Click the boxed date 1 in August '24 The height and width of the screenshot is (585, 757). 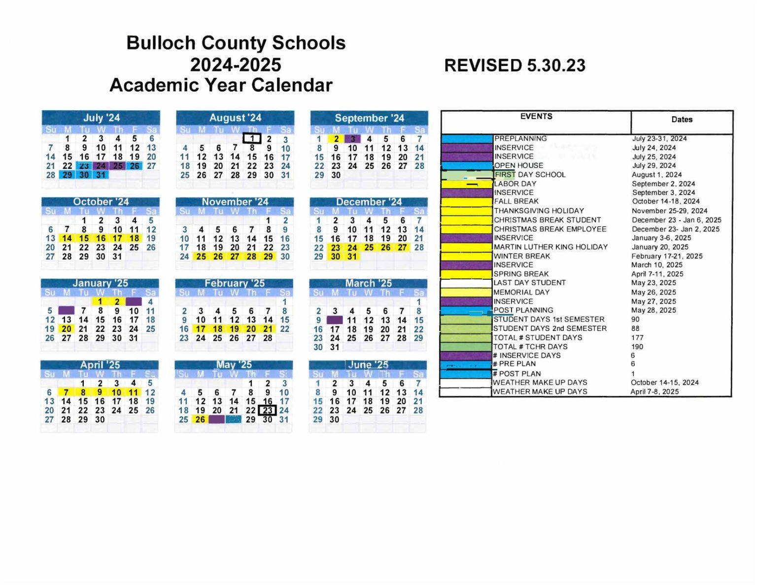coord(252,139)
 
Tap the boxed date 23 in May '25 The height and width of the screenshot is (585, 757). coord(268,410)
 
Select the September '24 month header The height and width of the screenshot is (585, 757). coord(369,118)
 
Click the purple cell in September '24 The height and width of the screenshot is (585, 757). coord(353,139)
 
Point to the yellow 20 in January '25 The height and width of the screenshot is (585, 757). coord(67,329)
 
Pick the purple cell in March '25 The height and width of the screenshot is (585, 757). coord(335,320)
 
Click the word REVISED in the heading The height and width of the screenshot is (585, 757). coord(482,65)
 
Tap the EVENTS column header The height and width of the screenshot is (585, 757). coord(536,116)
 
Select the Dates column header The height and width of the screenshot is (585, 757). coord(682,120)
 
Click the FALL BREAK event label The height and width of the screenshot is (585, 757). coord(516,201)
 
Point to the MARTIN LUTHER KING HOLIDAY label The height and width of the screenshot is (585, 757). coord(551,247)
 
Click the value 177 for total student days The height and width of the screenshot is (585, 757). coord(637,338)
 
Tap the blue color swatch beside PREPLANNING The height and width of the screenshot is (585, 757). coord(467,139)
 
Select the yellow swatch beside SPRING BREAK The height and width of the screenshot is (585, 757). coord(466,274)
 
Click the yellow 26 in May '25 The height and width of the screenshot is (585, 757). coord(200,420)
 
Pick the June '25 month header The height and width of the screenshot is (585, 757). coord(368,365)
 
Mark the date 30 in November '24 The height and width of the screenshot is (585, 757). coord(285,257)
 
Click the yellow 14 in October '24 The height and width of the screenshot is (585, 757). coord(67,238)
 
